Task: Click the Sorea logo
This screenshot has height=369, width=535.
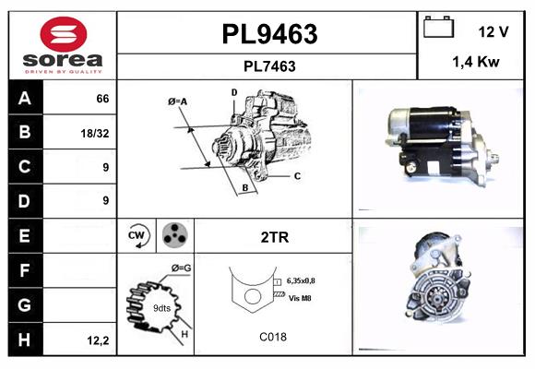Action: click(x=63, y=45)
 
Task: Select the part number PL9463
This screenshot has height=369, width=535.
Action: click(x=268, y=34)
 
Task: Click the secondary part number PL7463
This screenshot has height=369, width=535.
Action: click(x=268, y=65)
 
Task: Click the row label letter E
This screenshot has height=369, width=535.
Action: click(x=26, y=236)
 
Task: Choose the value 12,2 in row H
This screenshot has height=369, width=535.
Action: click(x=98, y=340)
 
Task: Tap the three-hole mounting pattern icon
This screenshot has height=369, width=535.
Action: click(x=175, y=235)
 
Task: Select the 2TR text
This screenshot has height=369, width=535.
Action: click(x=275, y=237)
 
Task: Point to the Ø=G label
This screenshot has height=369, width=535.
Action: click(x=181, y=268)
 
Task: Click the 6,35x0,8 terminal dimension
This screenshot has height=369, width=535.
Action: click(x=307, y=280)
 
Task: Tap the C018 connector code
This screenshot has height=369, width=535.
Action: click(x=273, y=337)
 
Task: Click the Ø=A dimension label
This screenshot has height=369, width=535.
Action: click(x=177, y=101)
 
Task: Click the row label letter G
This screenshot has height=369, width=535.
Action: click(x=26, y=304)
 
